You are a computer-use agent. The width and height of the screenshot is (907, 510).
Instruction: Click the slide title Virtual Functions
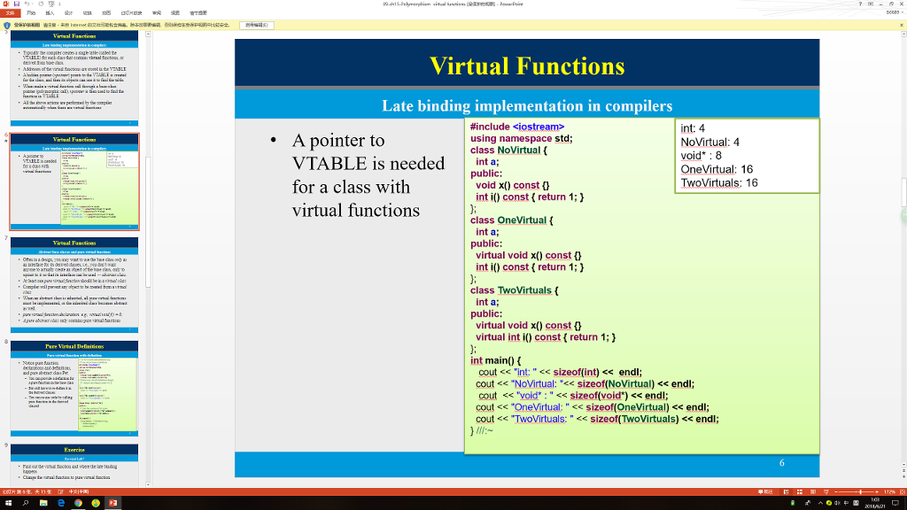[x=527, y=66]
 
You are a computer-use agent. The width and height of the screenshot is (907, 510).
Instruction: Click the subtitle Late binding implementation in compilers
[x=527, y=106]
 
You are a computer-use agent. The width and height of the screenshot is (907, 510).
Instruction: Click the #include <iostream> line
[x=517, y=127]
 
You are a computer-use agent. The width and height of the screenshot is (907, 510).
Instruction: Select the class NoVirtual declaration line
[x=509, y=151]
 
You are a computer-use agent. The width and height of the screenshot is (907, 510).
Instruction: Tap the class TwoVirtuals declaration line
[x=515, y=290]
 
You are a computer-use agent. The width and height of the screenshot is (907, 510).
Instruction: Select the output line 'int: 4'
[x=693, y=128]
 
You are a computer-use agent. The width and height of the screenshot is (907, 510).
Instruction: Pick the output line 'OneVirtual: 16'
[x=717, y=169]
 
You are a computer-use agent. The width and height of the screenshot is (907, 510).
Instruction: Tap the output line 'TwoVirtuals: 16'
[x=719, y=183]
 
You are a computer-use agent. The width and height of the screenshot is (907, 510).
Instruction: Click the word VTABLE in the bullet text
[x=331, y=164]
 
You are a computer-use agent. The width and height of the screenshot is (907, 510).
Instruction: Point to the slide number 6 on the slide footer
[x=782, y=463]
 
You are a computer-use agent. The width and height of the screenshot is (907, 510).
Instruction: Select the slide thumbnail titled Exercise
[x=74, y=461]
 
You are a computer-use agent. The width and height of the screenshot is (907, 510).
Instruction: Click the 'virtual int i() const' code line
[x=546, y=337]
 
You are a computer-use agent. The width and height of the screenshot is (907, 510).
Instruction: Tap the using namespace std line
[x=522, y=139]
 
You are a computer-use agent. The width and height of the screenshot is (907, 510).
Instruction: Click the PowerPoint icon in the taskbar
[x=113, y=503]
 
